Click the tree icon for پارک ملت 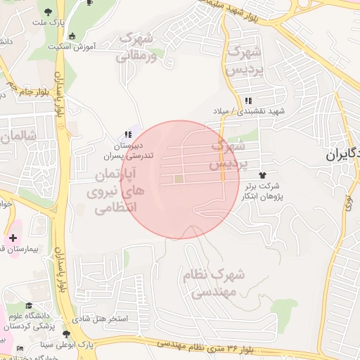[48, 13]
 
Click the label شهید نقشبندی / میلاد [250, 111]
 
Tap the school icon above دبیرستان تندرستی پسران [127, 134]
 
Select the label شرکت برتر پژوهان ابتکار [262, 191]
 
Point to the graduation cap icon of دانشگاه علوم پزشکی [29, 306]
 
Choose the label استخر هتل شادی [103, 319]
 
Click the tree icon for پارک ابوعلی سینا [66, 333]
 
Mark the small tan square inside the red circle [178, 179]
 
